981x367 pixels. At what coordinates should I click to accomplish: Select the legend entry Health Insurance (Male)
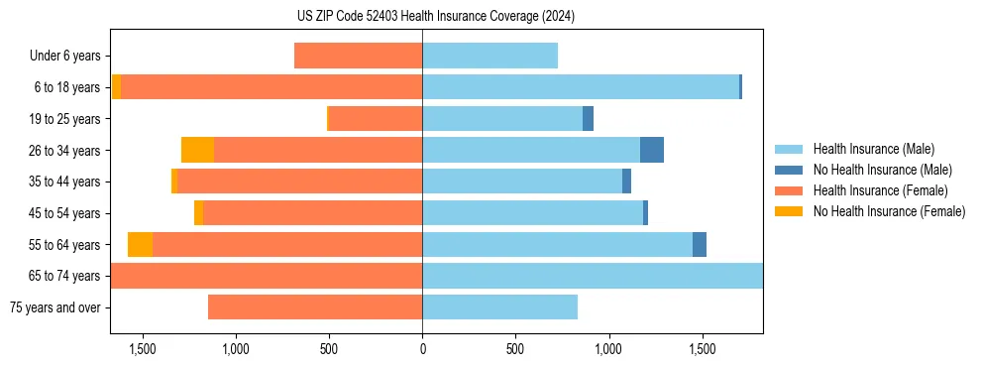873,149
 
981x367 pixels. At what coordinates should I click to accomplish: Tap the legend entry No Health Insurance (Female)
889,211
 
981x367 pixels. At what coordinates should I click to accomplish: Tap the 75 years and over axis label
55,307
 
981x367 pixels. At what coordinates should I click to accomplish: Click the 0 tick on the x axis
422,349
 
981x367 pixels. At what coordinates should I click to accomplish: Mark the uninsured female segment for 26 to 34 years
197,150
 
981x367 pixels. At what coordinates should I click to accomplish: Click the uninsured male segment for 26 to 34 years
652,150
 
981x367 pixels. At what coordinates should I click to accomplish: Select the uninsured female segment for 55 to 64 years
140,244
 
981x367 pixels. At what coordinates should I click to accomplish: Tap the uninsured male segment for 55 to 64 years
700,244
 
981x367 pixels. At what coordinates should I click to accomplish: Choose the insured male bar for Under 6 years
490,56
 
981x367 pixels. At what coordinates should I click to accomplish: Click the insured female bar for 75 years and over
315,307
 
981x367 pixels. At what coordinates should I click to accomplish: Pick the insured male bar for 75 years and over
499,307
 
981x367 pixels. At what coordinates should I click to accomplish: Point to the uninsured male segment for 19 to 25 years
588,119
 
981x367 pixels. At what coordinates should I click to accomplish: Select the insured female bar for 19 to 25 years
376,119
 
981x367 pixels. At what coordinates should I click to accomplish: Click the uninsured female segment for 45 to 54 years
198,213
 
